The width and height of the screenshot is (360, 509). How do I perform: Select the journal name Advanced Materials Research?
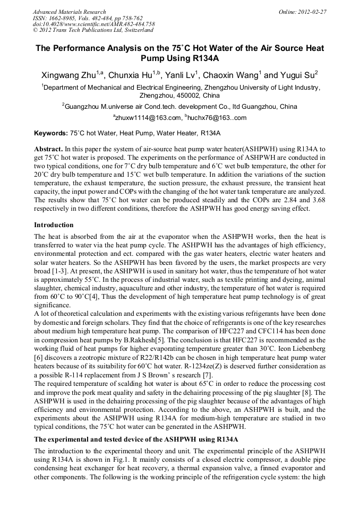[69, 12]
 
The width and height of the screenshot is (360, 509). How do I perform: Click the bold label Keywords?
[50, 133]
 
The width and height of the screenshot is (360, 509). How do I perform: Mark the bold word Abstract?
[49, 150]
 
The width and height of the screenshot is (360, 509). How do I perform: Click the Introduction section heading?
[54, 225]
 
